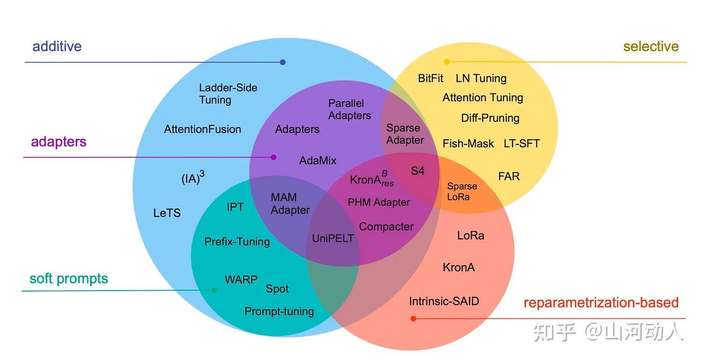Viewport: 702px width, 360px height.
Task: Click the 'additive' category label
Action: (57, 47)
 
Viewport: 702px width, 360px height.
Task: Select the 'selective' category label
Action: (650, 47)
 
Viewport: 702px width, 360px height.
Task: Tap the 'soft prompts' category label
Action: (68, 279)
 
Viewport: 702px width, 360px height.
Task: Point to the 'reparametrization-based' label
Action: (601, 303)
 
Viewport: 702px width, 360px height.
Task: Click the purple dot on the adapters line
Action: (273, 157)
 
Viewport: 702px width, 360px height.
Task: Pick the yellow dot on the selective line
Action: (447, 62)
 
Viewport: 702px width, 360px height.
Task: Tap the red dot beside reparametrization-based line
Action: (413, 319)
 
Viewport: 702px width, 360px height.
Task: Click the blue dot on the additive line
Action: (283, 62)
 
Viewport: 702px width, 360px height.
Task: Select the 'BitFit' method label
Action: (431, 78)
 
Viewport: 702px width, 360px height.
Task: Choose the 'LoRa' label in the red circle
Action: (471, 236)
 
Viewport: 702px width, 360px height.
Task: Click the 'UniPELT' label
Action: (333, 239)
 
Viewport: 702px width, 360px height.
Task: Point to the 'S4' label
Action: (418, 171)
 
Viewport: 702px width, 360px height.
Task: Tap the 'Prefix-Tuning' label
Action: (237, 242)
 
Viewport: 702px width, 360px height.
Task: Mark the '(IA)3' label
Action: (192, 178)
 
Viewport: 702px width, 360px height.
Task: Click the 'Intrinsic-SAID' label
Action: (444, 302)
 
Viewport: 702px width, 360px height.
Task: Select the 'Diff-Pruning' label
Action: (490, 118)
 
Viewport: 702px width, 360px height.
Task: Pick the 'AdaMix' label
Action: (318, 160)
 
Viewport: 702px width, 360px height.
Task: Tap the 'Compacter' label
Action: (386, 227)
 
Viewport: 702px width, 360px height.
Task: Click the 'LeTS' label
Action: (167, 213)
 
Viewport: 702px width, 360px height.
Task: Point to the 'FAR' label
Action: (509, 176)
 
